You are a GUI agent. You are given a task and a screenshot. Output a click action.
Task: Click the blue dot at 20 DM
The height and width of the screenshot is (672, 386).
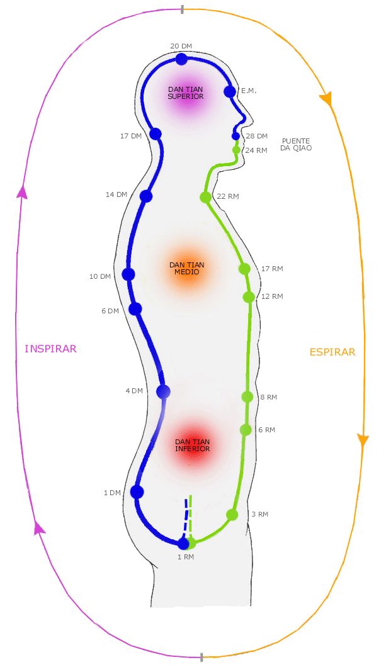click(x=181, y=59)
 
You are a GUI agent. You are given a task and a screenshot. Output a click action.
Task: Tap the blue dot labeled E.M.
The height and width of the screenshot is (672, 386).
click(x=230, y=92)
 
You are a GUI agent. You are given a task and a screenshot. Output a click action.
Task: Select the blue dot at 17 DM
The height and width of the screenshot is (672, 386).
click(x=156, y=134)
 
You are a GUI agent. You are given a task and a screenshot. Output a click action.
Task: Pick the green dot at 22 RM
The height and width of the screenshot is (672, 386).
click(x=205, y=197)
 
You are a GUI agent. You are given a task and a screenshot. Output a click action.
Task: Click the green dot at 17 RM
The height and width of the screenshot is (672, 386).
click(x=244, y=269)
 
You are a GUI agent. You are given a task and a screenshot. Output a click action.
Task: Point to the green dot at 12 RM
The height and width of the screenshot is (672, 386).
click(x=249, y=296)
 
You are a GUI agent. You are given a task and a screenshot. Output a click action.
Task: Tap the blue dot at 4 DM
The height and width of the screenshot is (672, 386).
click(x=164, y=391)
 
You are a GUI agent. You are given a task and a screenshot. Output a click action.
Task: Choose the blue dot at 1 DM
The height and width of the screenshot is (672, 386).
click(x=137, y=492)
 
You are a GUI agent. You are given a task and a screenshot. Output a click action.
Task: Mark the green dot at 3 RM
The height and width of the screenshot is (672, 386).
click(x=232, y=514)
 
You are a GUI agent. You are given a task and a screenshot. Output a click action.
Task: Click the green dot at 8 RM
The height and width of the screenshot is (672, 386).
click(x=247, y=397)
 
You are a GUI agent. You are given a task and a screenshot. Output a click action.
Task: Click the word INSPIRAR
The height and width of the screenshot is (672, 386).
click(x=50, y=349)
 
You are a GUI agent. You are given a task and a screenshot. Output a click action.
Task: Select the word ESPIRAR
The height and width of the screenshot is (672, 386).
click(x=332, y=352)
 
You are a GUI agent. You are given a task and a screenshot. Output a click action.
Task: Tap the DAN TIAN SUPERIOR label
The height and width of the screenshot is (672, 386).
click(x=186, y=93)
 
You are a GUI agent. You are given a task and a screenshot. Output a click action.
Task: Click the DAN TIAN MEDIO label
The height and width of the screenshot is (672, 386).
click(x=187, y=269)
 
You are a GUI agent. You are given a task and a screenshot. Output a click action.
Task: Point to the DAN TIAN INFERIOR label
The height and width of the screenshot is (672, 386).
click(x=193, y=445)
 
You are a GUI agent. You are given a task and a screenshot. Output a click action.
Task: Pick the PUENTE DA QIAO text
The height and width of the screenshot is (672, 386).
click(x=297, y=145)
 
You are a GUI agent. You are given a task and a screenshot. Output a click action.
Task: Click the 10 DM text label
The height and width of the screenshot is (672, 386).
click(x=100, y=276)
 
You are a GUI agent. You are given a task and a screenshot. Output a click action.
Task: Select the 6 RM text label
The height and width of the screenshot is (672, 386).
click(x=267, y=430)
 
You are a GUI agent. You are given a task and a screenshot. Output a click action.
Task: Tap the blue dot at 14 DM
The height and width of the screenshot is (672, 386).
click(x=146, y=196)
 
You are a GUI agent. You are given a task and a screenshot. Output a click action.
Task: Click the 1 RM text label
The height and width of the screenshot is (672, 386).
click(x=186, y=557)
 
